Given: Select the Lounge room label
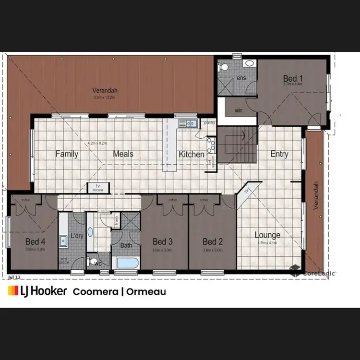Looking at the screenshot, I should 267,235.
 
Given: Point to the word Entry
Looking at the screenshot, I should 279,154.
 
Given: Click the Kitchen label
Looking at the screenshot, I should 192,154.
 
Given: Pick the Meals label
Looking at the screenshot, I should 123,154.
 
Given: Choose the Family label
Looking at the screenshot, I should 67,154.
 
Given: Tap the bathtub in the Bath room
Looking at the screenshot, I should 127,263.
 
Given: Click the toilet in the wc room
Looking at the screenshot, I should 93,263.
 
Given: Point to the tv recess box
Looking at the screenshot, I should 98,188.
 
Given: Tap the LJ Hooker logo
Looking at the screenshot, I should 37,291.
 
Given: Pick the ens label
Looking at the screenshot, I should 241,78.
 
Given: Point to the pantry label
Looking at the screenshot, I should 209,123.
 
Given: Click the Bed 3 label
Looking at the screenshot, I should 162,241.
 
